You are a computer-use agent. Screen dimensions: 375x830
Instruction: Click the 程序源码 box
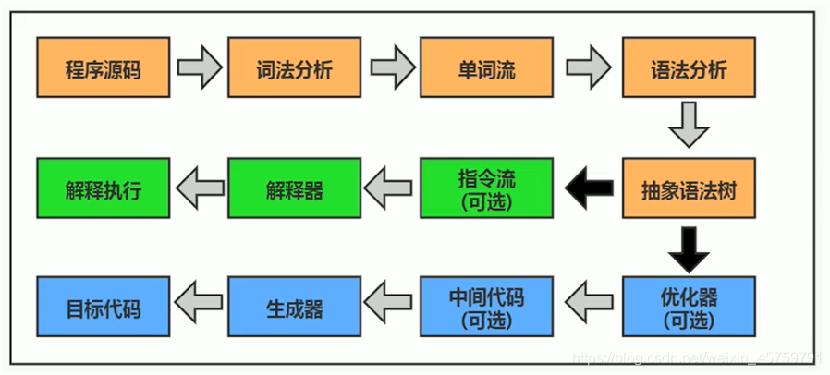coord(104,67)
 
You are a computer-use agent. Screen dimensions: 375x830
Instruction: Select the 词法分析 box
coord(295,67)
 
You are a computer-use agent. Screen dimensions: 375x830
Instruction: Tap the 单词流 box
coord(486,67)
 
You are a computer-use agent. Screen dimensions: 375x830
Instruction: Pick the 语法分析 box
coord(689,67)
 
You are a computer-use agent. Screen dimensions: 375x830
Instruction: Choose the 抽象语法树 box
coord(689,188)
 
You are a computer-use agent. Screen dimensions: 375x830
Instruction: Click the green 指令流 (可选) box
coord(486,188)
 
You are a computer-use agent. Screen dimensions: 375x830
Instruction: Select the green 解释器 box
coord(295,188)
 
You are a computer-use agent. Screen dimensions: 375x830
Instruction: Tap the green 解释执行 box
coord(104,188)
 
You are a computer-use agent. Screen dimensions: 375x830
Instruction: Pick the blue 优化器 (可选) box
coord(689,308)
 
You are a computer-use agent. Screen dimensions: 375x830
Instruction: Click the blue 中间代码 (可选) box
coord(486,308)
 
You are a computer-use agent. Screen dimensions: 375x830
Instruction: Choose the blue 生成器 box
coord(295,308)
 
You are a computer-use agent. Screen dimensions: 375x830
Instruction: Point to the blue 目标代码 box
coord(104,308)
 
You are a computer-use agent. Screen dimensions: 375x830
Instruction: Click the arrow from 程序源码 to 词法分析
coord(199,67)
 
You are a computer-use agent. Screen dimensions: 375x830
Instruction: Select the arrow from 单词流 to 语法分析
coord(588,67)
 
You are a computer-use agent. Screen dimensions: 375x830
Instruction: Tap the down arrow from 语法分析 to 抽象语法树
coord(689,126)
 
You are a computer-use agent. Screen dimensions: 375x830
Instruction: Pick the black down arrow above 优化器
coord(689,247)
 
